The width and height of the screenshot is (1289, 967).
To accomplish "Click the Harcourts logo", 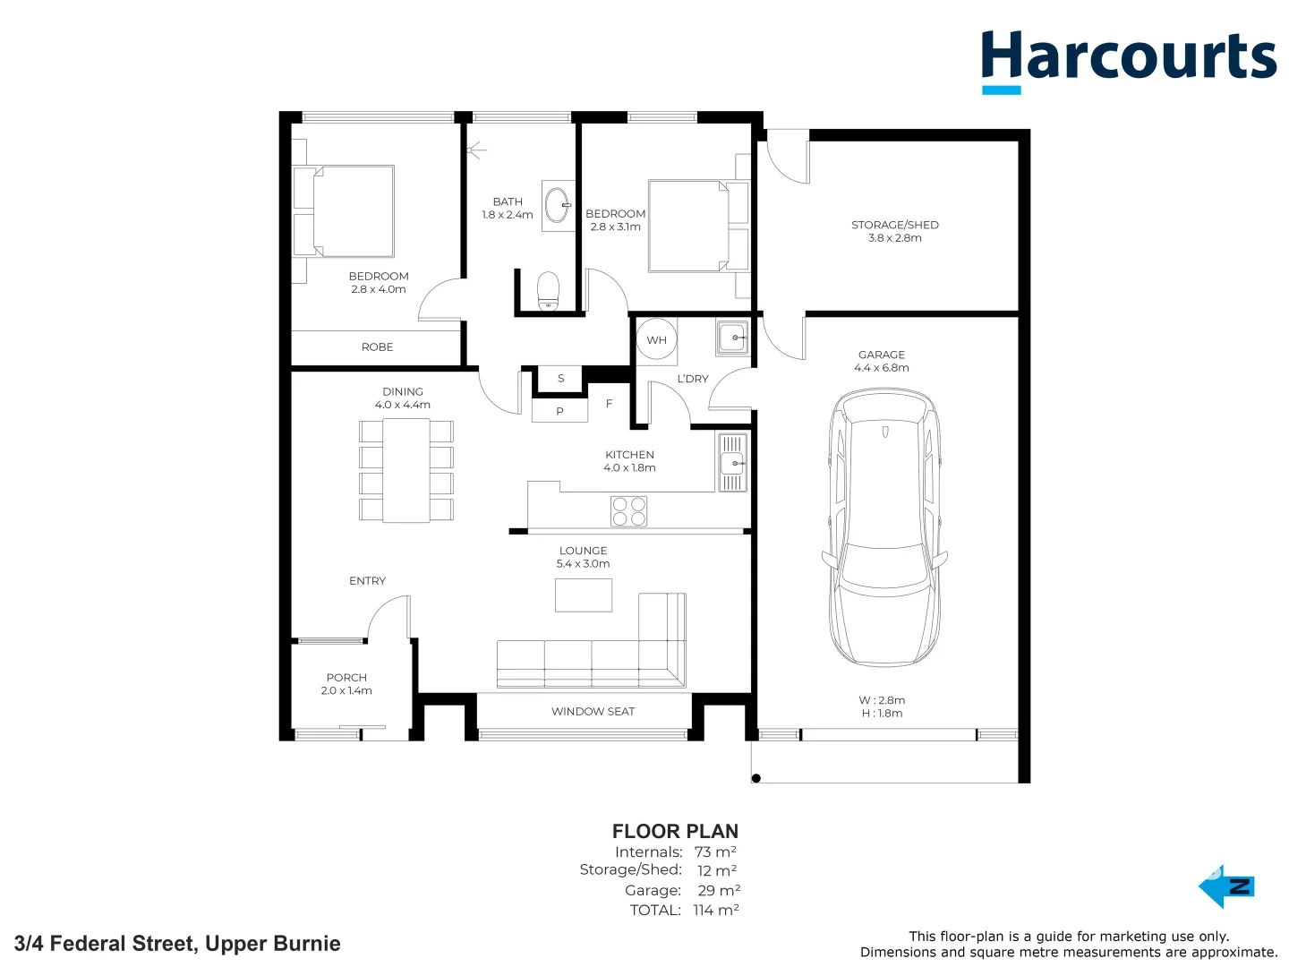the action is [x=1128, y=61].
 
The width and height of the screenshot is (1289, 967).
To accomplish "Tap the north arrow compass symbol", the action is [x=1226, y=886].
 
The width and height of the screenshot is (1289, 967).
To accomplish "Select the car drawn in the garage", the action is [x=884, y=527].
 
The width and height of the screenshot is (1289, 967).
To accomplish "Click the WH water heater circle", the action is [x=656, y=339].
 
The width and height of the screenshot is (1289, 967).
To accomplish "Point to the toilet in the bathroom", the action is [x=548, y=291].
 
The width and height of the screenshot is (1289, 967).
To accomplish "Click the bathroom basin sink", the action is [x=558, y=206].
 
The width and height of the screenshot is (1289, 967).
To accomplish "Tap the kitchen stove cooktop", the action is [x=629, y=510].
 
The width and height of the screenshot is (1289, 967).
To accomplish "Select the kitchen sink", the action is [x=731, y=463].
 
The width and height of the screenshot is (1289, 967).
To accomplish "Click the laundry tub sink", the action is [x=732, y=337].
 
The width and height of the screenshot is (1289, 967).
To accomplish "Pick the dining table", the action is [x=405, y=470].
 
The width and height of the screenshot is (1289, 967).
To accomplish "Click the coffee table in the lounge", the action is [x=583, y=595].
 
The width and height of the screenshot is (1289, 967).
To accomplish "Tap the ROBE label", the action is [x=377, y=347].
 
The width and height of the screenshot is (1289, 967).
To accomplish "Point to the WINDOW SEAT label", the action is [x=593, y=712].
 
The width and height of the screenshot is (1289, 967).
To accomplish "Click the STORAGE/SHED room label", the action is [x=895, y=225].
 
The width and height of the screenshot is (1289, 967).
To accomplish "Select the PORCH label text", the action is [x=346, y=678].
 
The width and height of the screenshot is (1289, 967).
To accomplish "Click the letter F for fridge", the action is [x=609, y=403].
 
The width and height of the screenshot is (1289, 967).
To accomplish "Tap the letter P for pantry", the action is [x=559, y=412].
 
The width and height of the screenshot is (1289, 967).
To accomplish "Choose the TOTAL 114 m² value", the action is [x=716, y=910].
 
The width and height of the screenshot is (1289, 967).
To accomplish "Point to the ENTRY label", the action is [x=367, y=581].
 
